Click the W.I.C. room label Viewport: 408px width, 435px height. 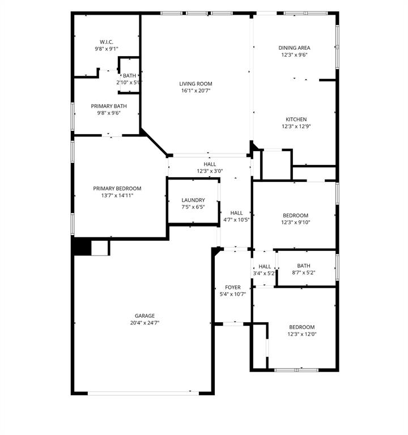click(x=107, y=42)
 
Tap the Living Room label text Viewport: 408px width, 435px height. click(x=197, y=84)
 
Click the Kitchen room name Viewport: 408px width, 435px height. click(x=296, y=120)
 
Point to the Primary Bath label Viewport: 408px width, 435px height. click(x=109, y=106)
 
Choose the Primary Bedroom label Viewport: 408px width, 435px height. click(x=117, y=189)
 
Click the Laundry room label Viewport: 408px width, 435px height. click(x=193, y=200)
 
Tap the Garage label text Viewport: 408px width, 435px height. click(x=144, y=316)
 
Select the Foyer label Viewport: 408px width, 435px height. click(x=233, y=288)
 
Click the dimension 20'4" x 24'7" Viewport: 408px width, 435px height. click(x=144, y=323)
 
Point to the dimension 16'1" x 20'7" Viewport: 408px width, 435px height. click(x=197, y=91)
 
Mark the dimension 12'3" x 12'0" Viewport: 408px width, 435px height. click(x=302, y=334)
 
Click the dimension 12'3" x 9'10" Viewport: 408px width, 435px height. click(x=296, y=222)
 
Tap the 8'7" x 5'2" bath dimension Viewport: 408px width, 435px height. click(x=303, y=272)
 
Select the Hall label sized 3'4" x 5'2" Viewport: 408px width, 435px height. click(x=265, y=266)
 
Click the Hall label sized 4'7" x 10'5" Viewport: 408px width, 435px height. click(x=236, y=213)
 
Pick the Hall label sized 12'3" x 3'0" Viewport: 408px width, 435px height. click(x=210, y=164)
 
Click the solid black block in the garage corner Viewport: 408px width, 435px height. click(x=82, y=248)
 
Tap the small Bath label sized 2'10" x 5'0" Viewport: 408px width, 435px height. click(x=130, y=76)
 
